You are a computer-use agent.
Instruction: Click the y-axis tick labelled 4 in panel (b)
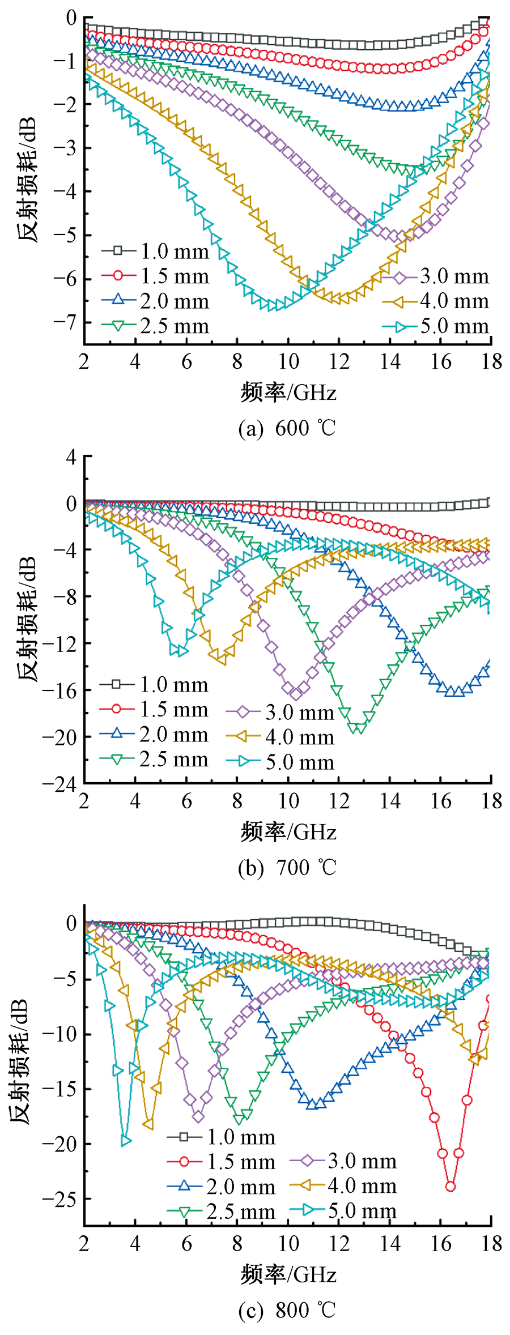point(71,456)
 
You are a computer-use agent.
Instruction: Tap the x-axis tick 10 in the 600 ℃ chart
point(288,361)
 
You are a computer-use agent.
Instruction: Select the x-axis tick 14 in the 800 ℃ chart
point(390,1244)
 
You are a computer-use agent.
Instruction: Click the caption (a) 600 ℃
point(287,428)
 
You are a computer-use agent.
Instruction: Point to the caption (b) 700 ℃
point(287,868)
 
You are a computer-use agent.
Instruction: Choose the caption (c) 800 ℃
point(287,1310)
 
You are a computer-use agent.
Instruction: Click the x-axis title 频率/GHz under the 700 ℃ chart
point(288,832)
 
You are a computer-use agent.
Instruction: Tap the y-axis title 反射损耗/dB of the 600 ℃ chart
point(27,180)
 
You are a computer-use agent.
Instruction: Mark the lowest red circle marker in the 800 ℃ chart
point(450,1186)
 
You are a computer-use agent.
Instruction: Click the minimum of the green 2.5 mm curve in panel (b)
point(358,728)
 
